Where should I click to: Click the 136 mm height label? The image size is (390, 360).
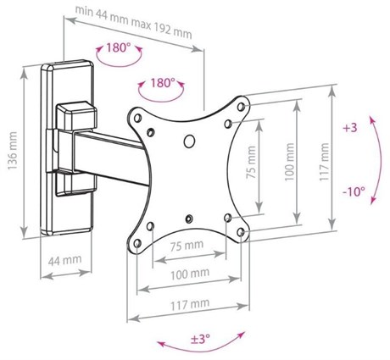tap(13, 151)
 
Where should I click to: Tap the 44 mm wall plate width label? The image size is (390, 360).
tap(64, 260)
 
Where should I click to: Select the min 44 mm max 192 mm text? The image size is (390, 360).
tap(134, 22)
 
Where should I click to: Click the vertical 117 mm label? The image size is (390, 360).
tap(324, 162)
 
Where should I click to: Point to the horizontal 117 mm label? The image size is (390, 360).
tap(190, 304)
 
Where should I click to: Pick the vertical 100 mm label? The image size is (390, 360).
tap(289, 162)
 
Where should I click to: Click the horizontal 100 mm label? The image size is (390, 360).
tap(190, 274)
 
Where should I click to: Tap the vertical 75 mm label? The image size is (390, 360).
tap(251, 163)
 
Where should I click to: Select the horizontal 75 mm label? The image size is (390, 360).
tap(187, 246)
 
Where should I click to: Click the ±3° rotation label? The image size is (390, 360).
tap(200, 338)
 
